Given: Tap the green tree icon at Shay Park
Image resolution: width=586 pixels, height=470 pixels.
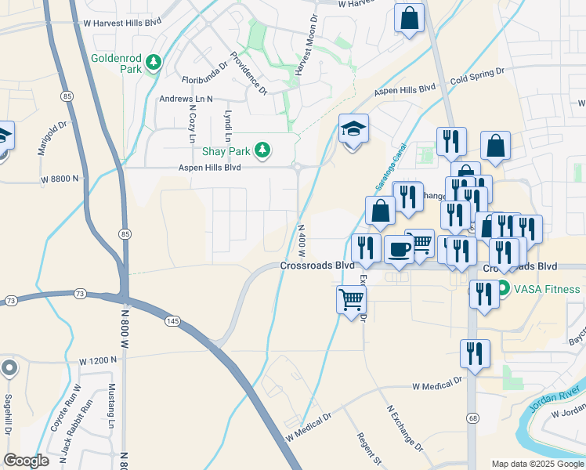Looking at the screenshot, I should [x=264, y=149].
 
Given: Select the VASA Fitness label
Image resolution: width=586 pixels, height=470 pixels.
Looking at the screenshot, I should [x=547, y=289].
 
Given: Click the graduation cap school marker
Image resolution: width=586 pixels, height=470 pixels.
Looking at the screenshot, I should [x=354, y=129].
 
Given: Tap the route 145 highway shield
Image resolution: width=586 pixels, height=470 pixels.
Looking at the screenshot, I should [x=172, y=320].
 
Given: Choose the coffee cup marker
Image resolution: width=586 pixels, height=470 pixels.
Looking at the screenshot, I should [x=400, y=249].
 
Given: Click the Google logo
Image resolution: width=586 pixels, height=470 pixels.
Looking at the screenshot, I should [x=27, y=461].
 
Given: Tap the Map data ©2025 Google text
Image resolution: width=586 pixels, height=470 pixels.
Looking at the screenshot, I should [x=537, y=464].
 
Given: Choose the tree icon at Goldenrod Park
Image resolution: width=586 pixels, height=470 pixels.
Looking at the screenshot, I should [x=154, y=62].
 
